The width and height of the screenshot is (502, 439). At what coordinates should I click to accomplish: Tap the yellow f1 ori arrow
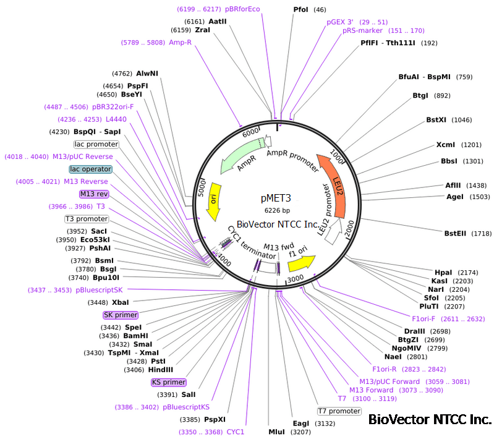301,262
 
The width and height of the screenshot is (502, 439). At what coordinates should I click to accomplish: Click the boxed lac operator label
91,169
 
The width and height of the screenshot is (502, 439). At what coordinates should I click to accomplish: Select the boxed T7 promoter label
339,411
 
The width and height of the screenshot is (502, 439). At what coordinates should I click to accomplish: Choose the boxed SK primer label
121,315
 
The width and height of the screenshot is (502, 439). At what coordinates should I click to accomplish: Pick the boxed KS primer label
169,382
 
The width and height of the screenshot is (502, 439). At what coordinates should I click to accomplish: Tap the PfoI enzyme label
302,9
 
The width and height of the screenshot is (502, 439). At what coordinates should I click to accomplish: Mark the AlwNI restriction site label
147,73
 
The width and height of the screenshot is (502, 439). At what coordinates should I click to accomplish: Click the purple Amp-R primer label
181,43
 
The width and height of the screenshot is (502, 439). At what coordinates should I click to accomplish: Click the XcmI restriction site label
446,145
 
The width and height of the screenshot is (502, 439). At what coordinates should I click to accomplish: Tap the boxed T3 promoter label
87,218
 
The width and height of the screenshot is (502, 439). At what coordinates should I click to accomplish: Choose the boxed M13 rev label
93,194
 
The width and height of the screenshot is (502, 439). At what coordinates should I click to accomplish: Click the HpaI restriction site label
444,272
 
